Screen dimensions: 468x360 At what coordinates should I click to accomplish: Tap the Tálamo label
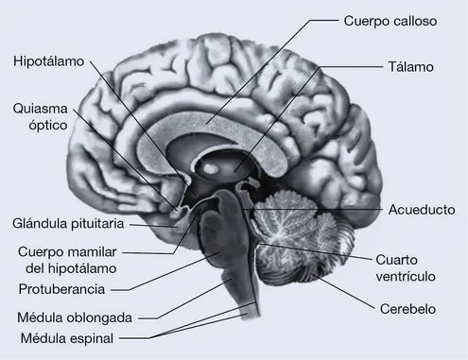click(409, 68)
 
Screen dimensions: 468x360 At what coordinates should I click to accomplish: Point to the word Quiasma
click(40, 108)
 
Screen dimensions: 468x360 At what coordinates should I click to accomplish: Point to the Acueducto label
click(422, 208)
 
